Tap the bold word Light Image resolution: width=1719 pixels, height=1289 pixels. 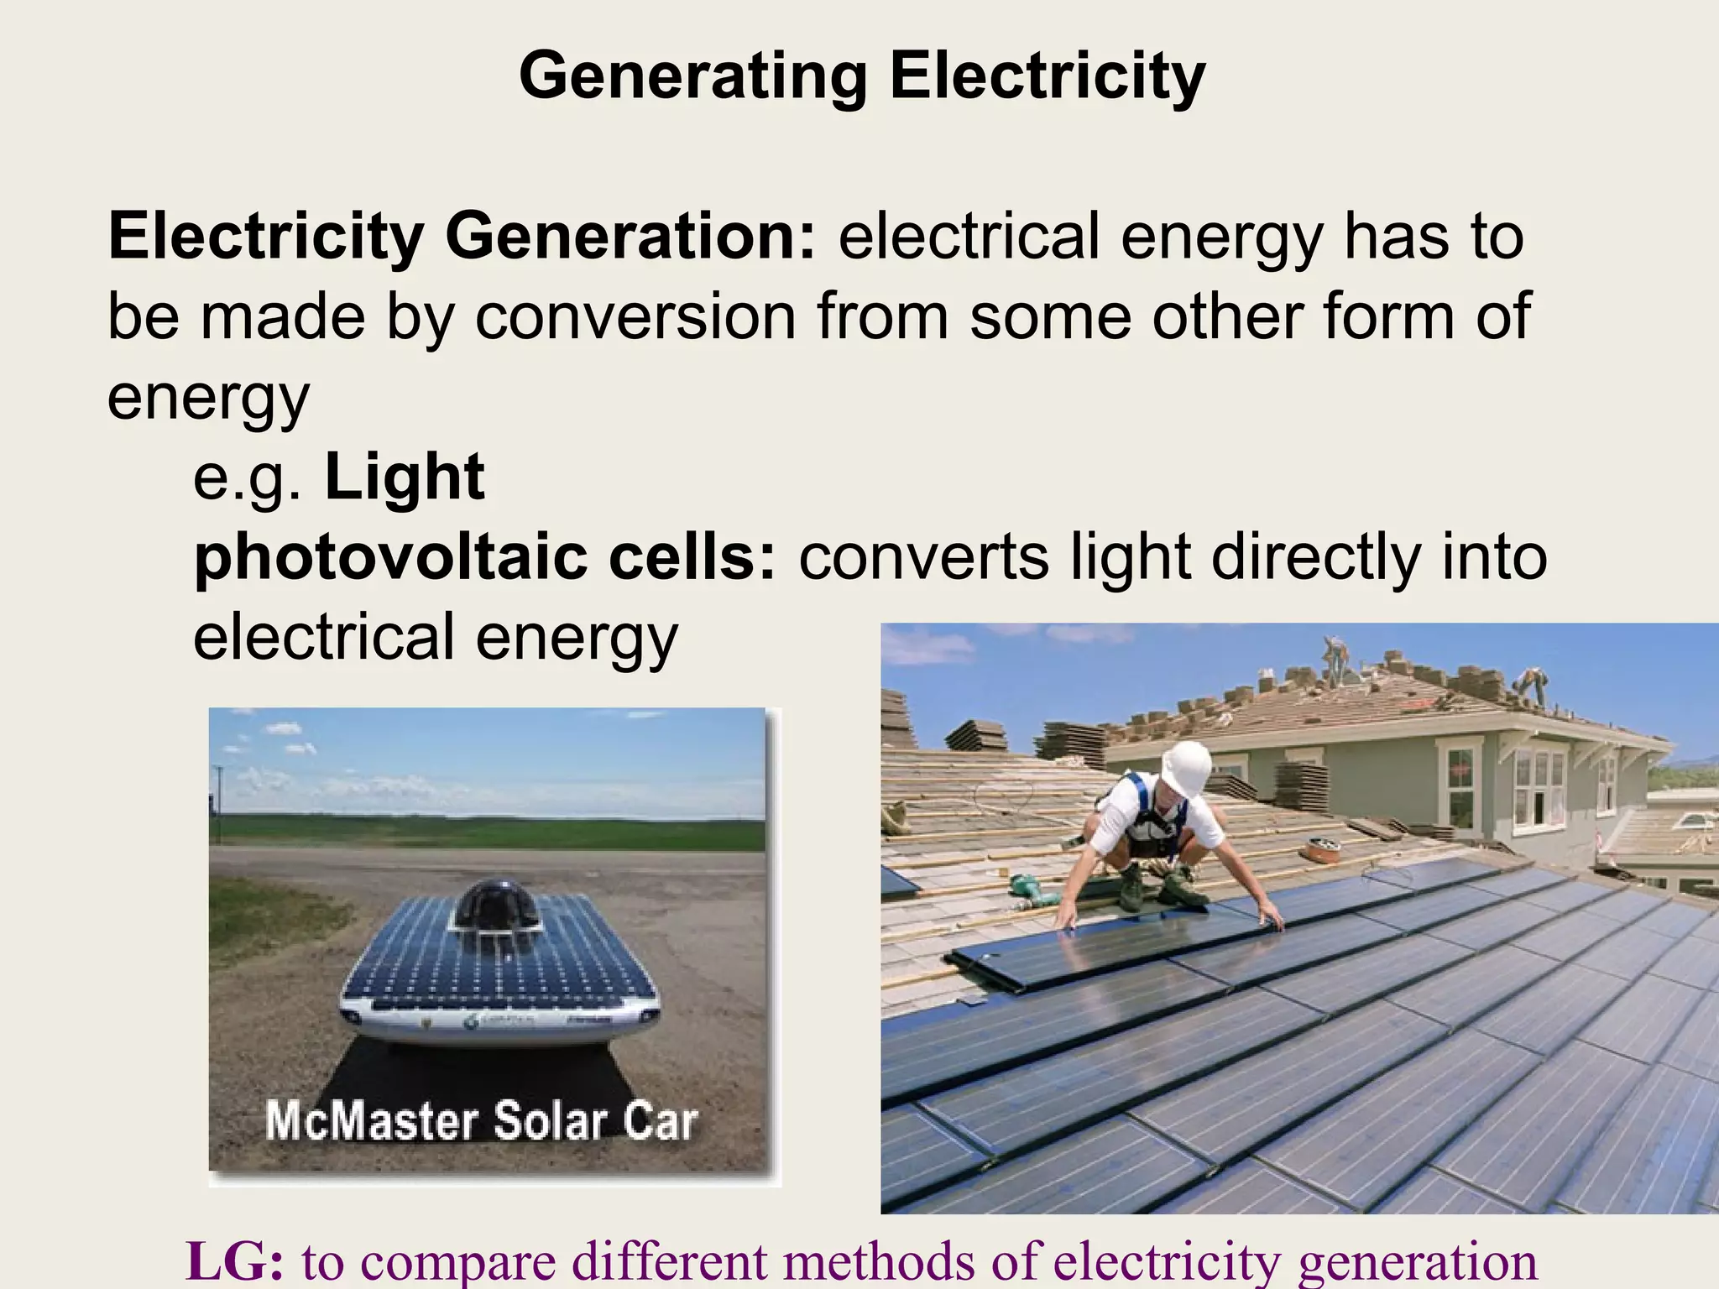point(405,478)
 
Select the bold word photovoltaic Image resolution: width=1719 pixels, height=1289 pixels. point(389,557)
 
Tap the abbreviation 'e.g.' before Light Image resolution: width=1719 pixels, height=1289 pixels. point(246,478)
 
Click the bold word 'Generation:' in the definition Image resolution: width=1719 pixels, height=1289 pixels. point(635,237)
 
